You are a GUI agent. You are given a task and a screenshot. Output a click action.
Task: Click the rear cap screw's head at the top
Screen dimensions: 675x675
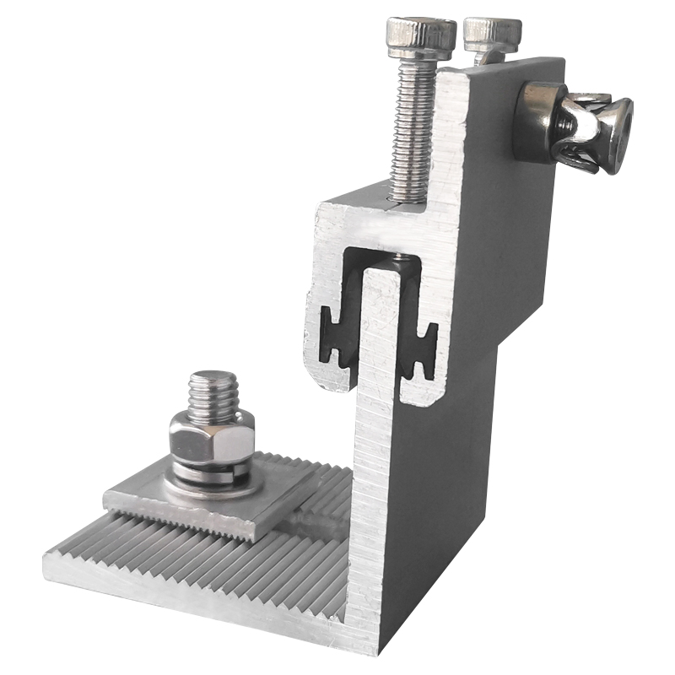pyautogui.click(x=492, y=34)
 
